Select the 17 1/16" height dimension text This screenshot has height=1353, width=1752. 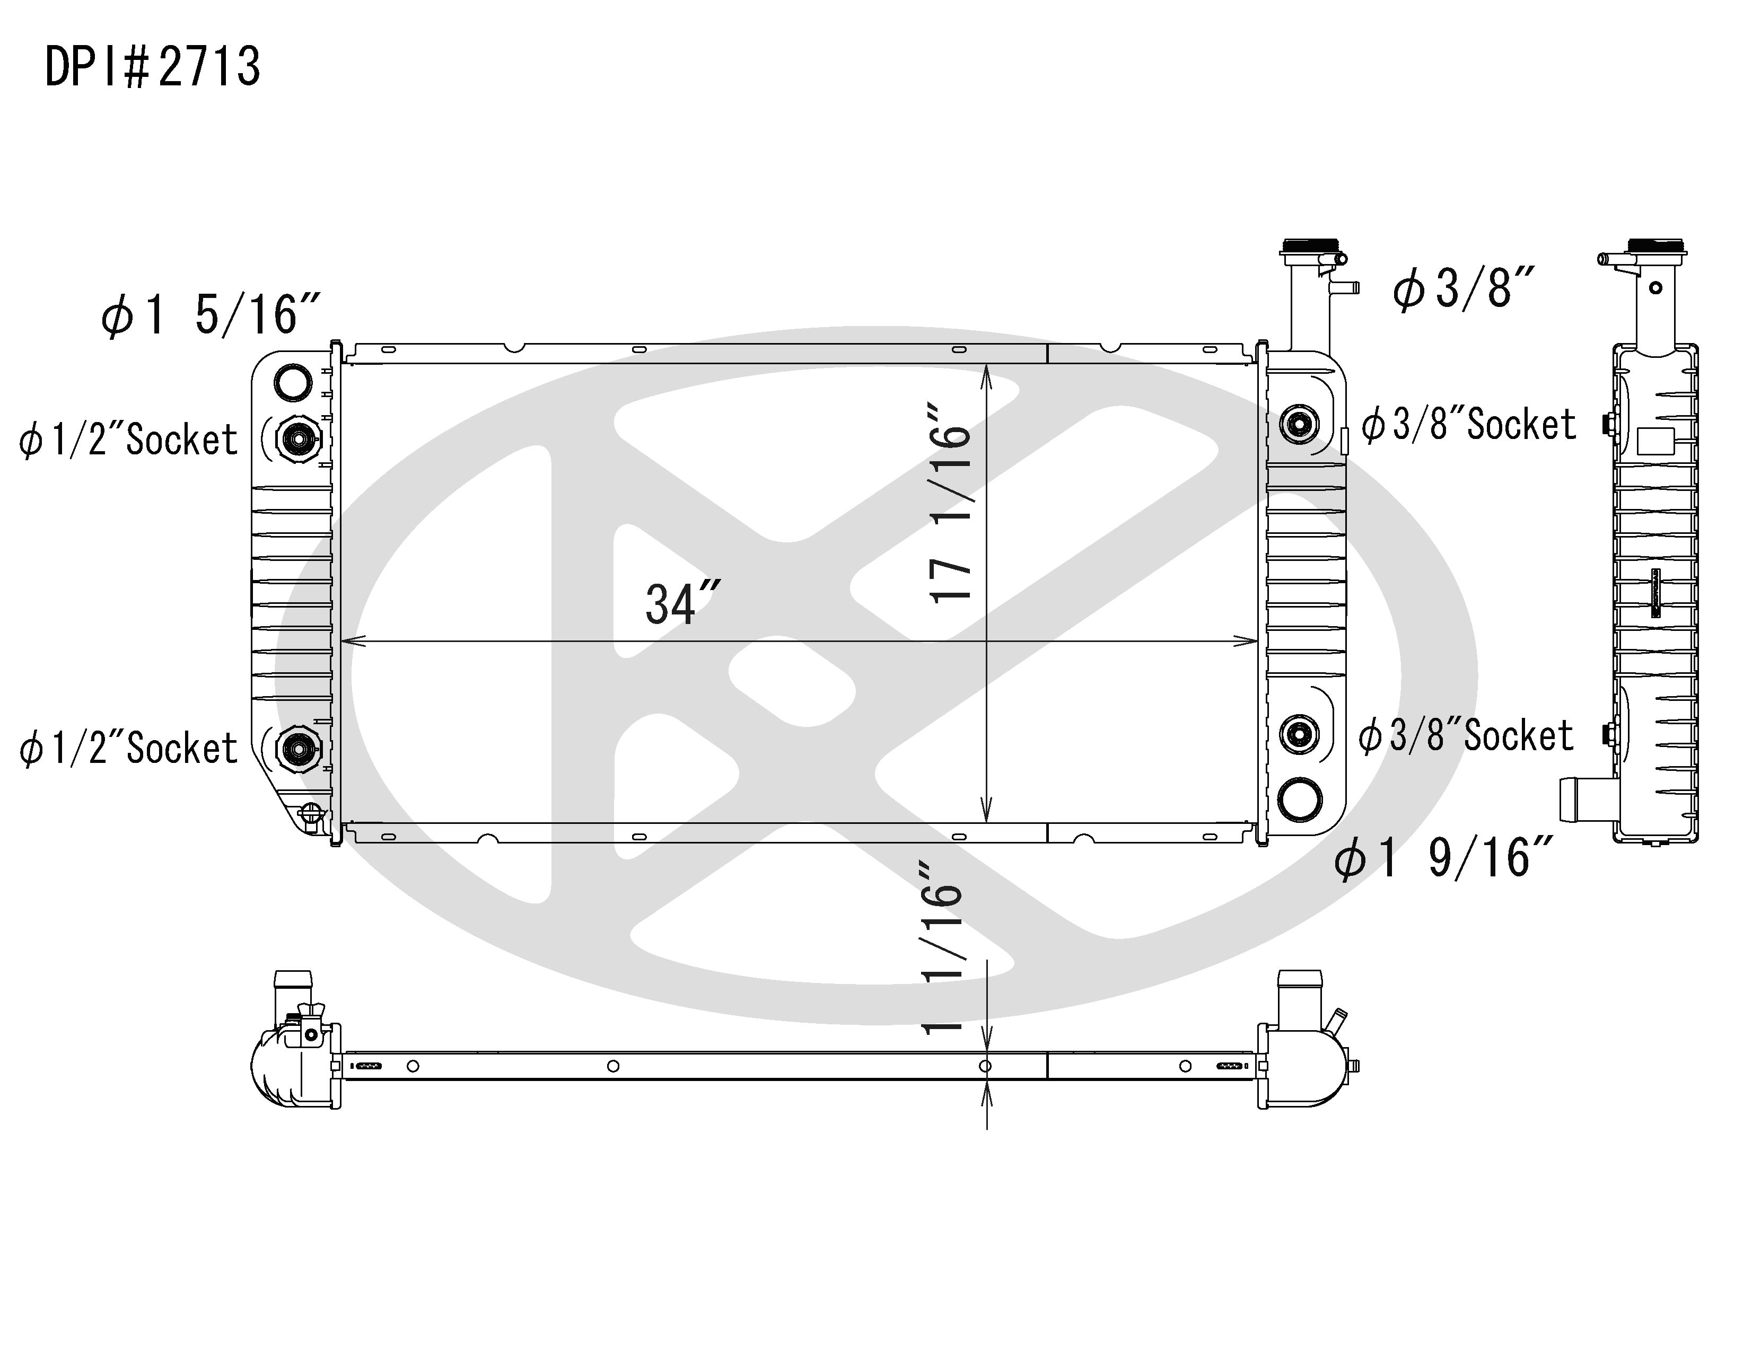[x=951, y=503]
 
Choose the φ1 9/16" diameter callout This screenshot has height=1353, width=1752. [x=1444, y=857]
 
